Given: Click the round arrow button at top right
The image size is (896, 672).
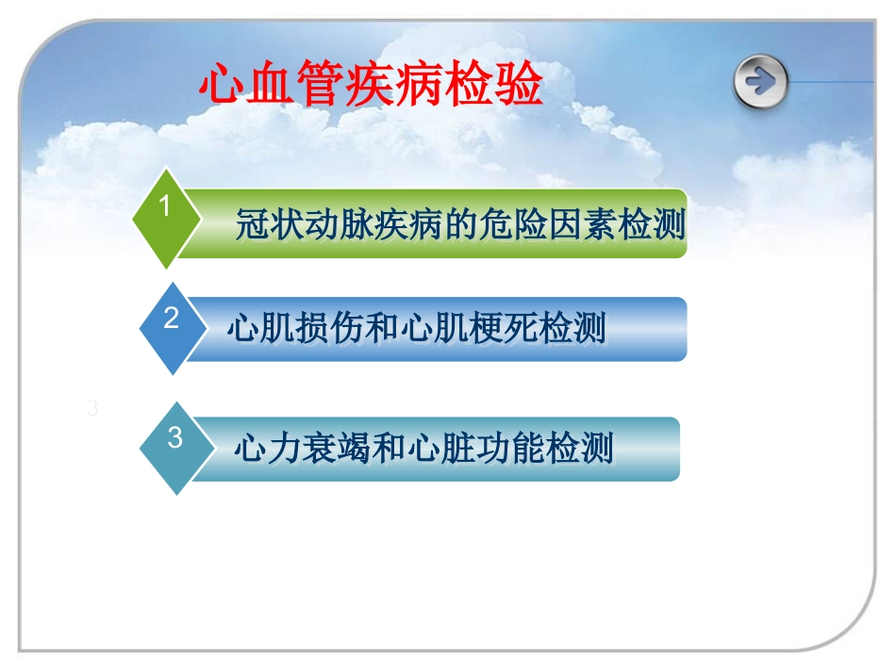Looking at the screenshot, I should (x=760, y=82).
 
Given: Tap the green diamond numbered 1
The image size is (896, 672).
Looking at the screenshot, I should (x=166, y=218).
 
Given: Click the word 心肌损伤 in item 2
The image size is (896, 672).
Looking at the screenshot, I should (x=290, y=329).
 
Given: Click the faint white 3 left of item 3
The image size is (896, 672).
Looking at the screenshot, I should (x=91, y=409).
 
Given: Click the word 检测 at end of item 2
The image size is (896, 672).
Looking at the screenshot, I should (x=573, y=329).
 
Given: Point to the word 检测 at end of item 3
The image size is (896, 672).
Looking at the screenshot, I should (x=582, y=449).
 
